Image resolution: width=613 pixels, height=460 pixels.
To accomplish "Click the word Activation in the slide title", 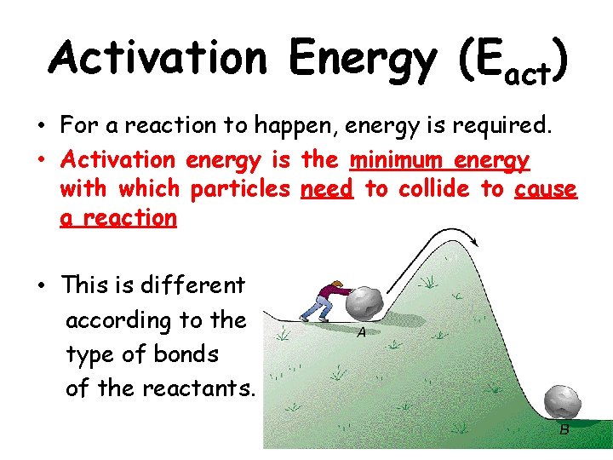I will tap(158, 58).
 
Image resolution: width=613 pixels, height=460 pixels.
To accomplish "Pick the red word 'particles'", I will tap(240, 188).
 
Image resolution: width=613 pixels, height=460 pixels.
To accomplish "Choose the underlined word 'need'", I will tap(327, 188).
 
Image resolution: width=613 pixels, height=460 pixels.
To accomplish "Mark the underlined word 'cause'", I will tap(546, 188).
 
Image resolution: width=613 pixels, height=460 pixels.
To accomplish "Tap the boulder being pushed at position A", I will tap(367, 304).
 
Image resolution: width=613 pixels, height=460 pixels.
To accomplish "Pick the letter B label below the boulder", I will tap(564, 430).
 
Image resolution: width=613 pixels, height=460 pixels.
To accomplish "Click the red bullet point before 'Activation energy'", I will tap(41, 160).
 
